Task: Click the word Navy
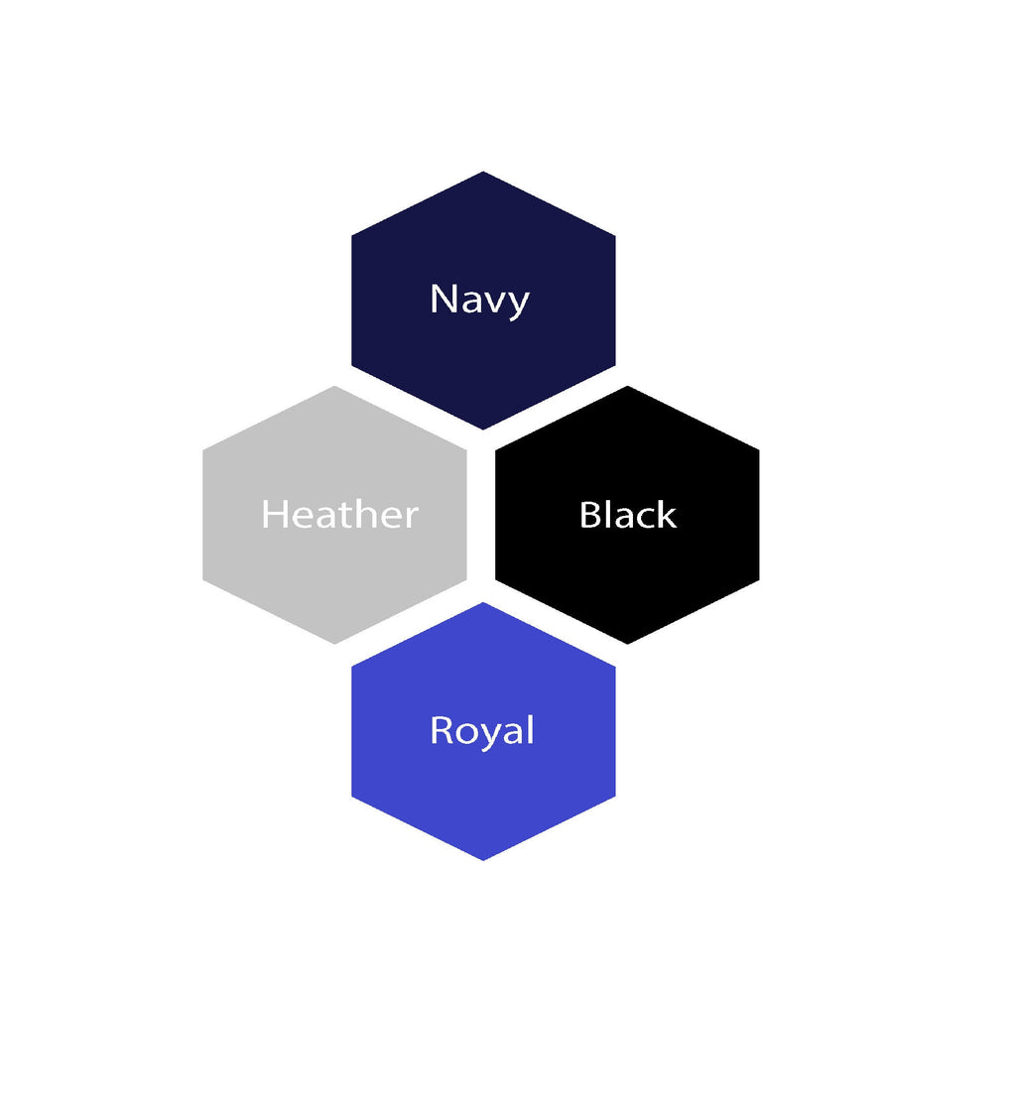pos(479,300)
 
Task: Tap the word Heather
pos(340,514)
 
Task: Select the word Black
pos(628,514)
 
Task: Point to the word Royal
pos(482,731)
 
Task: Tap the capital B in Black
pos(590,514)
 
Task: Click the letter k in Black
pos(666,514)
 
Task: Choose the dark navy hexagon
pos(483,301)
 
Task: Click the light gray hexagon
pos(335,515)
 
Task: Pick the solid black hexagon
pos(627,515)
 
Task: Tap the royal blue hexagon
pos(483,732)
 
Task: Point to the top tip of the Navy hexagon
pos(483,172)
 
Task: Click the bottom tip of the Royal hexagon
pos(483,860)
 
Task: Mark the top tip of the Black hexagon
pos(627,386)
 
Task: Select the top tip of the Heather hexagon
pos(335,386)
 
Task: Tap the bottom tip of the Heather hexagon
pos(335,644)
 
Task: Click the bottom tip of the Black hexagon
pos(627,644)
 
